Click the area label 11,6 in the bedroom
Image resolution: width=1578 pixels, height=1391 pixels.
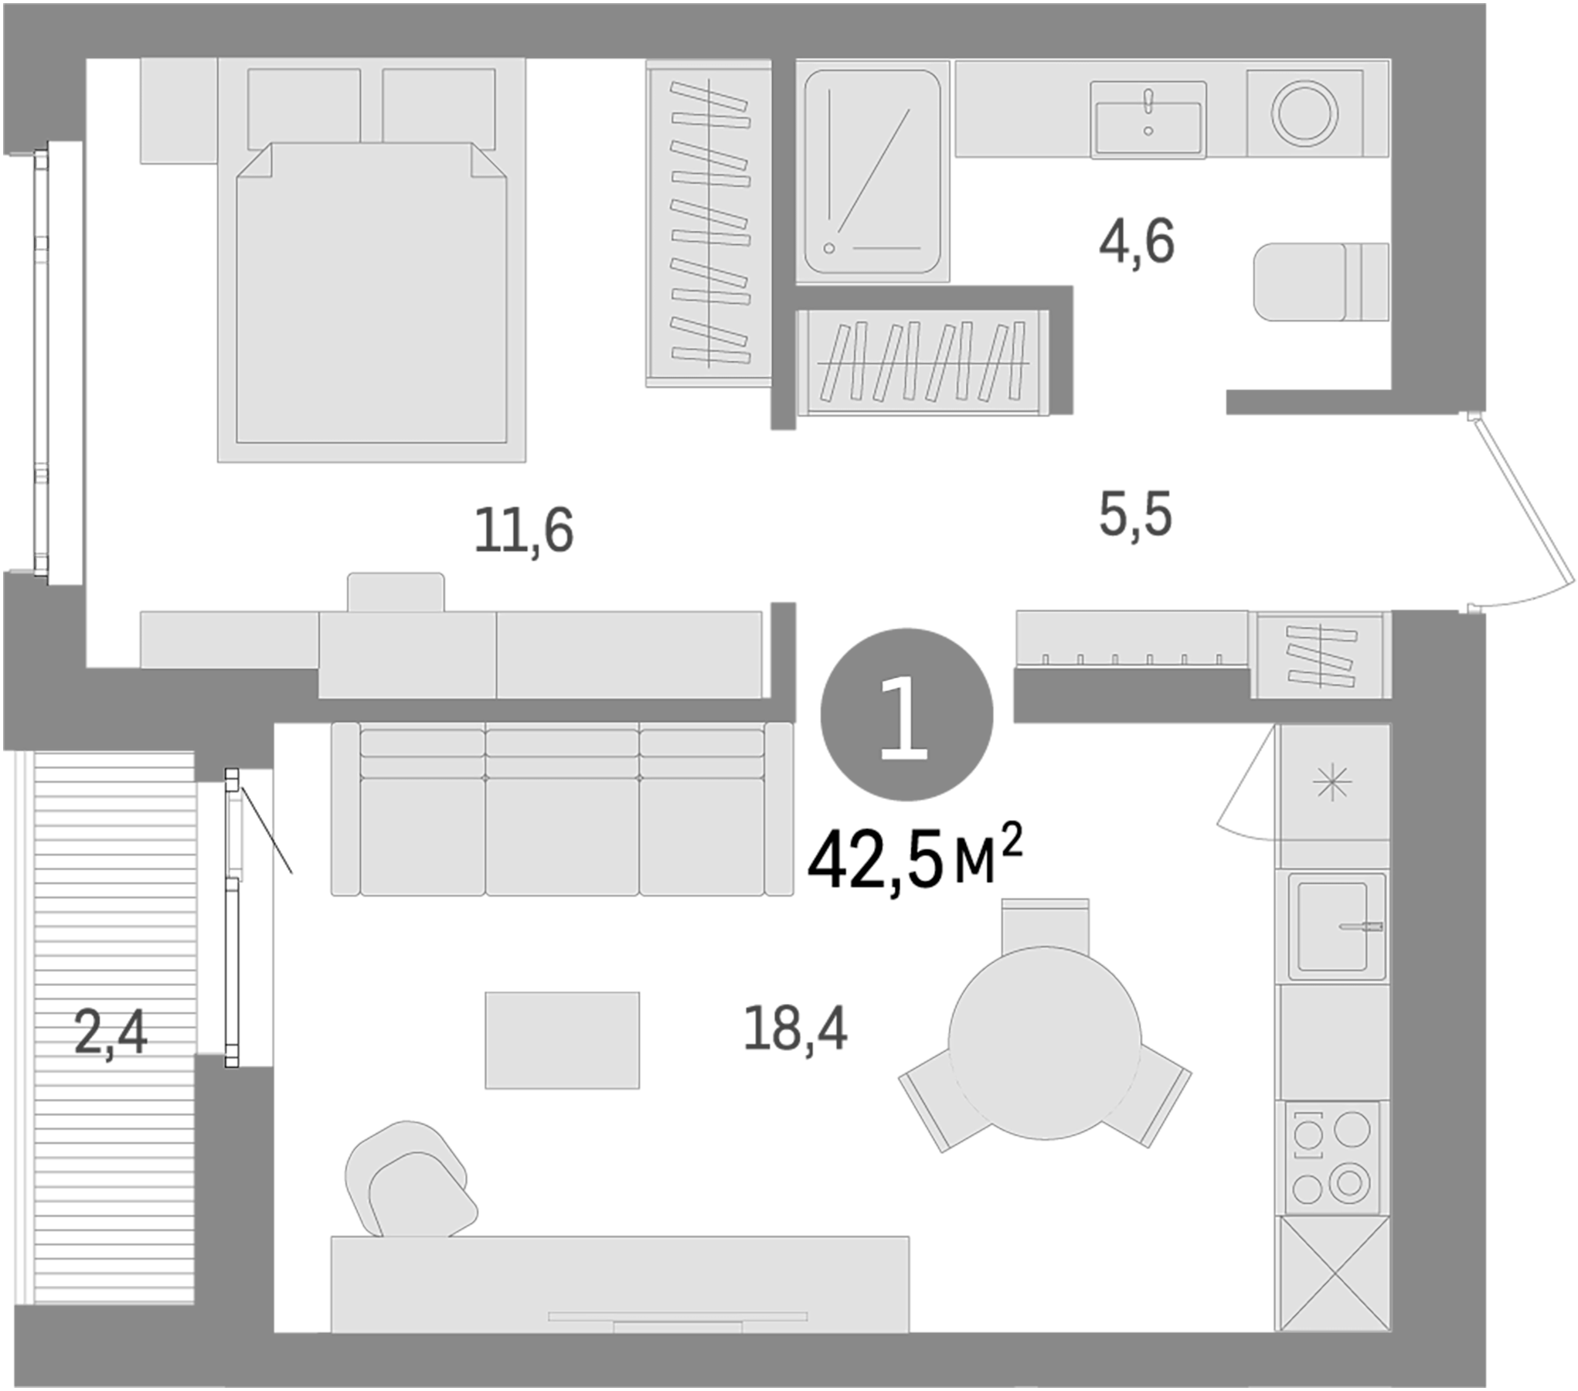[524, 530]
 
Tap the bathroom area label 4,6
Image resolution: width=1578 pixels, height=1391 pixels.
[1136, 242]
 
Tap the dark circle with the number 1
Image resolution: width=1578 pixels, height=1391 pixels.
[906, 713]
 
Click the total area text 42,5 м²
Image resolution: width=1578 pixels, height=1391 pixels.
[915, 862]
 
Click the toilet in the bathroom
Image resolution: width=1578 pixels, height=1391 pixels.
[1320, 281]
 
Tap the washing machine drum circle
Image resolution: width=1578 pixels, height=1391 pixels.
[1304, 113]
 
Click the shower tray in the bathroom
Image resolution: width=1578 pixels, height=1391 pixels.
[872, 172]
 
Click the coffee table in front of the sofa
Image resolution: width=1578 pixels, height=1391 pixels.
[562, 1040]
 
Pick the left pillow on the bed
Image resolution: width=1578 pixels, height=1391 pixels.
[304, 107]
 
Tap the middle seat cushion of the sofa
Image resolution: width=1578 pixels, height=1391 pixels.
[562, 835]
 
